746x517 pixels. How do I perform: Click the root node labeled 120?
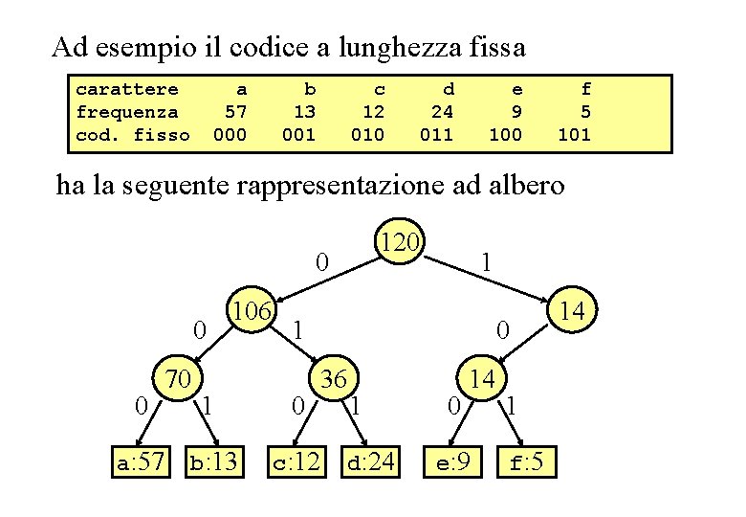point(398,244)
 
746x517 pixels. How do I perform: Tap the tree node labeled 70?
point(178,379)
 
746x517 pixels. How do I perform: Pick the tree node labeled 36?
point(332,379)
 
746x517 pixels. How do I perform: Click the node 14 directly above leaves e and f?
point(482,379)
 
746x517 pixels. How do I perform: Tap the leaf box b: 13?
point(213,463)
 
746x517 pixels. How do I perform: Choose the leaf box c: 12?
point(296,463)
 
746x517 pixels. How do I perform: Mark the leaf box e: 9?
point(453,463)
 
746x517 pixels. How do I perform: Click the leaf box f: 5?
point(527,463)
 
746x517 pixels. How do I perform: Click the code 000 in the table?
point(230,135)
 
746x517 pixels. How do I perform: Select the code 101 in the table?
point(574,135)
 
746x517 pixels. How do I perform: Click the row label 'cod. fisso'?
point(133,135)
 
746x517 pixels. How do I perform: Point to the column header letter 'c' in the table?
point(379,89)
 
